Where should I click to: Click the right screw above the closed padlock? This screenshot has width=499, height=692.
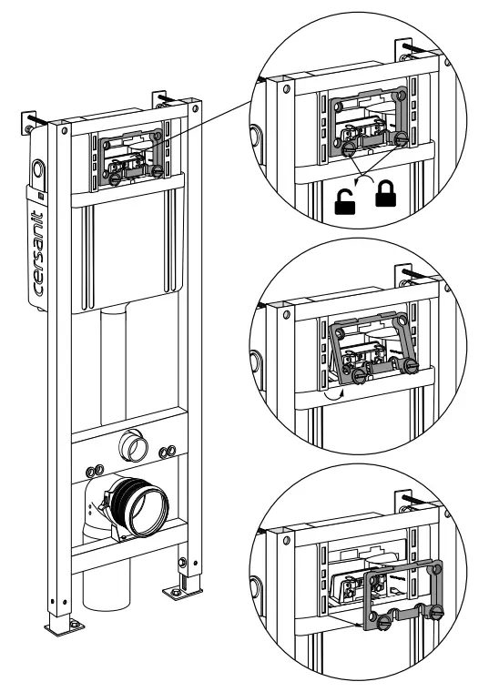point(402,139)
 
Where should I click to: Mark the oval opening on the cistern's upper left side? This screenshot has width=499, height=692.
point(37,169)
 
